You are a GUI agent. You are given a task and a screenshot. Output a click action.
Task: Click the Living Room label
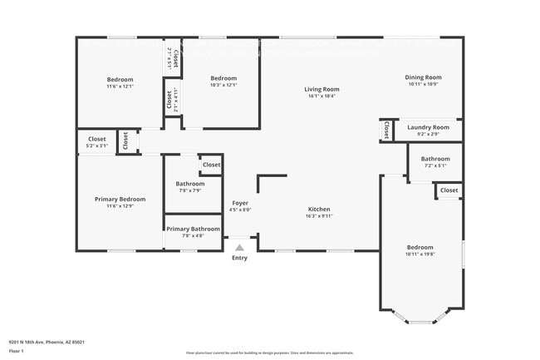321,89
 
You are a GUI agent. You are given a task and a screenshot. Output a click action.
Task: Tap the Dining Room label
423,77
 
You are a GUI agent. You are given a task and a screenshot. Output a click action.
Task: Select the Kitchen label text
320,210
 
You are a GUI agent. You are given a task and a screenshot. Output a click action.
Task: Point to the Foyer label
239,203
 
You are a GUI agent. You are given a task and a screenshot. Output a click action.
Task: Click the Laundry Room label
428,127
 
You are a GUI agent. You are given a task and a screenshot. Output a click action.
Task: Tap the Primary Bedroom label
120,200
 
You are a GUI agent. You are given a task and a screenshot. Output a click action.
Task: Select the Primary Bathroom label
193,229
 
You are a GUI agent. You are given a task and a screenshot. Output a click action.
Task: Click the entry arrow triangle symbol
239,248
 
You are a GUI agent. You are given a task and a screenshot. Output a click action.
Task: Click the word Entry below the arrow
239,258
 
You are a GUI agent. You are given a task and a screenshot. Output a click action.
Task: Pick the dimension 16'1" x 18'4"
321,96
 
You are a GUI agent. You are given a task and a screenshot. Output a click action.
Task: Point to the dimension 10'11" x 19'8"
420,255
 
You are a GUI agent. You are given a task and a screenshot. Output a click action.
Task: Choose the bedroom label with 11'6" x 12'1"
120,80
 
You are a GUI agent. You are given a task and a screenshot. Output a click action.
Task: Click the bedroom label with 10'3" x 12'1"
223,80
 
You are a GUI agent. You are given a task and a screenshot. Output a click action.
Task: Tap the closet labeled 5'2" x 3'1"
97,140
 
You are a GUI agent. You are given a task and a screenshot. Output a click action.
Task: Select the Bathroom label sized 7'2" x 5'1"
434,159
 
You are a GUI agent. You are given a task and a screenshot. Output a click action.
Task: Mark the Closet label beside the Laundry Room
386,131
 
